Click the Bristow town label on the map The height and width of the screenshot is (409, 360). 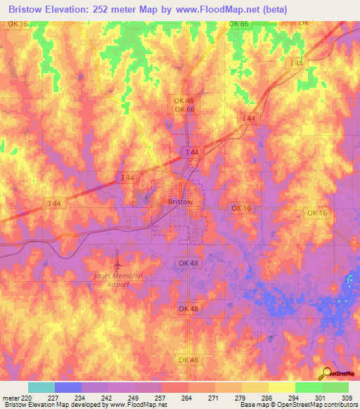pyautogui.click(x=181, y=201)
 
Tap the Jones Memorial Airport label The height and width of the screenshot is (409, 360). pyautogui.click(x=117, y=280)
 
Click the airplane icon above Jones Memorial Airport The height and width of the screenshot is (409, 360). pyautogui.click(x=118, y=264)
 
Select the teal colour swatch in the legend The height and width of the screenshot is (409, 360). pyautogui.click(x=41, y=387)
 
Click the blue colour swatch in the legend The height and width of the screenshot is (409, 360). pyautogui.click(x=67, y=387)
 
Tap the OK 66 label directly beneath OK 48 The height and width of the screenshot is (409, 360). pyautogui.click(x=184, y=110)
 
